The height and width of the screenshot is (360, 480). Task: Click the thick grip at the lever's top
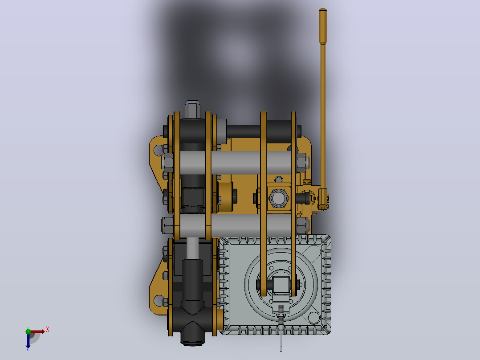[323, 26]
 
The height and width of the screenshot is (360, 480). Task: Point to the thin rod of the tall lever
[323, 116]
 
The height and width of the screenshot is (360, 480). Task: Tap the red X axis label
[48, 330]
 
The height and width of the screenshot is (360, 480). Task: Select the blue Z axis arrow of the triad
[28, 340]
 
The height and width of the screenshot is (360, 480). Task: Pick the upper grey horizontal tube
[235, 163]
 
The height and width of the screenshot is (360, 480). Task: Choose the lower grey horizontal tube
[235, 225]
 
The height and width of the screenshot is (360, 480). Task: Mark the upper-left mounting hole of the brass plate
[159, 151]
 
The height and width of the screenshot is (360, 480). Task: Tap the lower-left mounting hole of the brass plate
[159, 301]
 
